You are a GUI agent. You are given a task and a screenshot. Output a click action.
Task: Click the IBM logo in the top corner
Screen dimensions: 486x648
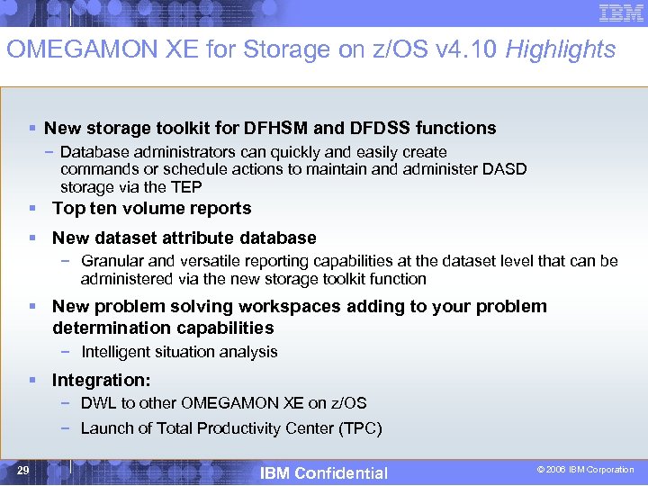(621, 13)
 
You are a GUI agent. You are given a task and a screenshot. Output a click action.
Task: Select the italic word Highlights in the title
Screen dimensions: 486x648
(561, 49)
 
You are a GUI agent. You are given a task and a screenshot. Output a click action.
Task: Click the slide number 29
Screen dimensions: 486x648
(22, 470)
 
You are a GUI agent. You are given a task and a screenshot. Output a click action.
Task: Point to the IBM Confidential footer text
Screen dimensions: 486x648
(323, 472)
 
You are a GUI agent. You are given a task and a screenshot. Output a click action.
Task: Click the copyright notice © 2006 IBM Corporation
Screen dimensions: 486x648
(585, 470)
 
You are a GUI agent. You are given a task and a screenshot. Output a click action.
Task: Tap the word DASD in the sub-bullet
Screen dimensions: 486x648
(508, 169)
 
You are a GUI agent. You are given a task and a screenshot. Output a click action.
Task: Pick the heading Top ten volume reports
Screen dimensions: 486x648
(151, 208)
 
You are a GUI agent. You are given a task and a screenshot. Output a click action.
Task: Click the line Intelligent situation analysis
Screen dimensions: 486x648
(178, 352)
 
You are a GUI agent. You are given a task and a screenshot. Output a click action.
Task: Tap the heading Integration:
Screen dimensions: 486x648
(101, 381)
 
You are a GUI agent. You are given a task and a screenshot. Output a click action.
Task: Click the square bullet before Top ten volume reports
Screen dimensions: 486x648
(32, 209)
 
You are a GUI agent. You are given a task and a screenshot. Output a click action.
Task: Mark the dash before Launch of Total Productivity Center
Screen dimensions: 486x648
(67, 428)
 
